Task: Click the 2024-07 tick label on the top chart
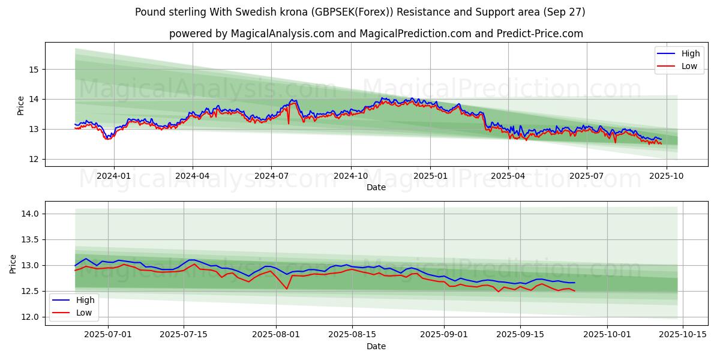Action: pos(271,176)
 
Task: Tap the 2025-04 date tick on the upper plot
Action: pos(508,176)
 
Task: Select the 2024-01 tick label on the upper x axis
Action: pos(114,176)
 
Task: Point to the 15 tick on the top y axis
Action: pos(34,70)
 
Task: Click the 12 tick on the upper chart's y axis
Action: pos(34,159)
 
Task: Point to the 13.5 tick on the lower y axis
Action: pos(30,239)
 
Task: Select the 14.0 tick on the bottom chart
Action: pos(30,214)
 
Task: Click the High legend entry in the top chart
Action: pos(690,53)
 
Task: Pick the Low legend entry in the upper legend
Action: pos(689,66)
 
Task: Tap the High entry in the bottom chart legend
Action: pos(84,299)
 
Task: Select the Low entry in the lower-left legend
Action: pos(83,312)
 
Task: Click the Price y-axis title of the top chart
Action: pos(21,106)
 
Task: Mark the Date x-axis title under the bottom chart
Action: pos(376,346)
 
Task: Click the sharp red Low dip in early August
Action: pos(287,289)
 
